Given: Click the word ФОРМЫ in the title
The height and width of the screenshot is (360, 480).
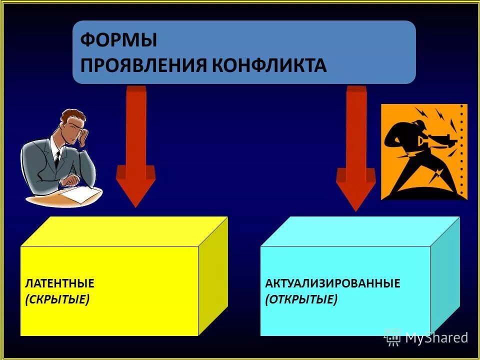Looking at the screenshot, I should [119, 40].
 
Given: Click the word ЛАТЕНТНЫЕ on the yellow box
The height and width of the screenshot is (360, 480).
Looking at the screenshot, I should [59, 283].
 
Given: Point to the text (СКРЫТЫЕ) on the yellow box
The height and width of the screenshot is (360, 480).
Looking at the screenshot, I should [57, 299].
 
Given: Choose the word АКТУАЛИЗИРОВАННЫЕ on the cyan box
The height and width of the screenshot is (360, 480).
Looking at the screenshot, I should [332, 283].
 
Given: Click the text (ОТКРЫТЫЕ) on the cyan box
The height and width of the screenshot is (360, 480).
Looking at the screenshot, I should [301, 299].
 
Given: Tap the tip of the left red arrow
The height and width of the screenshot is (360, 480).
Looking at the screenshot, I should [135, 205].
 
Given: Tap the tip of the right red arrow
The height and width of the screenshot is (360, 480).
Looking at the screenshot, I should [355, 210].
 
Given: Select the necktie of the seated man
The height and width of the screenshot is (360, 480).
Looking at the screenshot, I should [57, 159].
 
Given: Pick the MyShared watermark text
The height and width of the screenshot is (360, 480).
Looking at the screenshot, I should [436, 337].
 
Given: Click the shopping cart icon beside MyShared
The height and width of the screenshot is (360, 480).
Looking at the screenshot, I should [393, 337].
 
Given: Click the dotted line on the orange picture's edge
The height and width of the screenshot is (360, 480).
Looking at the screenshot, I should [462, 150].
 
